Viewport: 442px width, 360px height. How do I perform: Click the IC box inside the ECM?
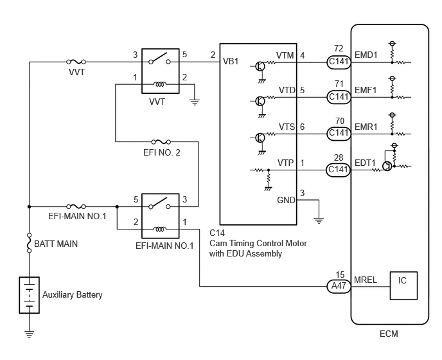click(403, 285)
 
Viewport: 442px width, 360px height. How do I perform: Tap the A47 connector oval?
click(339, 286)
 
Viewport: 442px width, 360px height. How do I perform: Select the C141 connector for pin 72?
click(339, 62)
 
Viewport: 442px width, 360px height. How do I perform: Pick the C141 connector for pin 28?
click(339, 170)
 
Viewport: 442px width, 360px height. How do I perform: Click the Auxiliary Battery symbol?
click(30, 295)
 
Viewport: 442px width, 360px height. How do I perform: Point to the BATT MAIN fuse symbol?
click(30, 243)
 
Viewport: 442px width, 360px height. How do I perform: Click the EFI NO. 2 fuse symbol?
click(161, 141)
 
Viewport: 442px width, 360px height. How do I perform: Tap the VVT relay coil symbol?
click(159, 84)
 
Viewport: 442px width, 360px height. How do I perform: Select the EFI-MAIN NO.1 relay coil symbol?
click(159, 230)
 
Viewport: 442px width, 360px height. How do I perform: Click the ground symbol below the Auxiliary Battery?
click(30, 334)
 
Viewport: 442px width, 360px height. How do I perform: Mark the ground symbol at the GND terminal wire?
click(319, 221)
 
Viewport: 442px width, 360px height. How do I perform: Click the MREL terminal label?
click(366, 280)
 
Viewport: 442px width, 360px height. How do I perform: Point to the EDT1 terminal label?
click(365, 163)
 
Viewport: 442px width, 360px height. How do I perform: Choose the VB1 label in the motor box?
click(231, 61)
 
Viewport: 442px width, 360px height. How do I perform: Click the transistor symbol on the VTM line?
click(260, 67)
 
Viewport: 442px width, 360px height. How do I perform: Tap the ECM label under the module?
click(389, 334)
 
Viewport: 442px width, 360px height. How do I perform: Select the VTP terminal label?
click(285, 163)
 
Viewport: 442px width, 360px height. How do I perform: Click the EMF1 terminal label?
click(366, 90)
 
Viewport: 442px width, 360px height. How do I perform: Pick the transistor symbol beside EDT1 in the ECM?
click(387, 166)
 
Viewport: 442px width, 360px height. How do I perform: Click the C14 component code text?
click(217, 233)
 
